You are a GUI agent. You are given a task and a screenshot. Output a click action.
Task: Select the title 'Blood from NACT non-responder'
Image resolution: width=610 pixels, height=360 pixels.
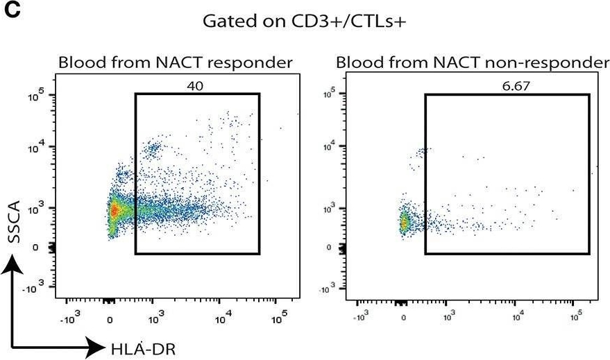[472, 64]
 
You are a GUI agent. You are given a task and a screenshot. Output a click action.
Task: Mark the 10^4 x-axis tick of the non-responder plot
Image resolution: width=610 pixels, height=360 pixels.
[517, 318]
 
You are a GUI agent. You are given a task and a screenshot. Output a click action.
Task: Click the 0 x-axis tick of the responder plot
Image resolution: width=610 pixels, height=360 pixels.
[110, 320]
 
